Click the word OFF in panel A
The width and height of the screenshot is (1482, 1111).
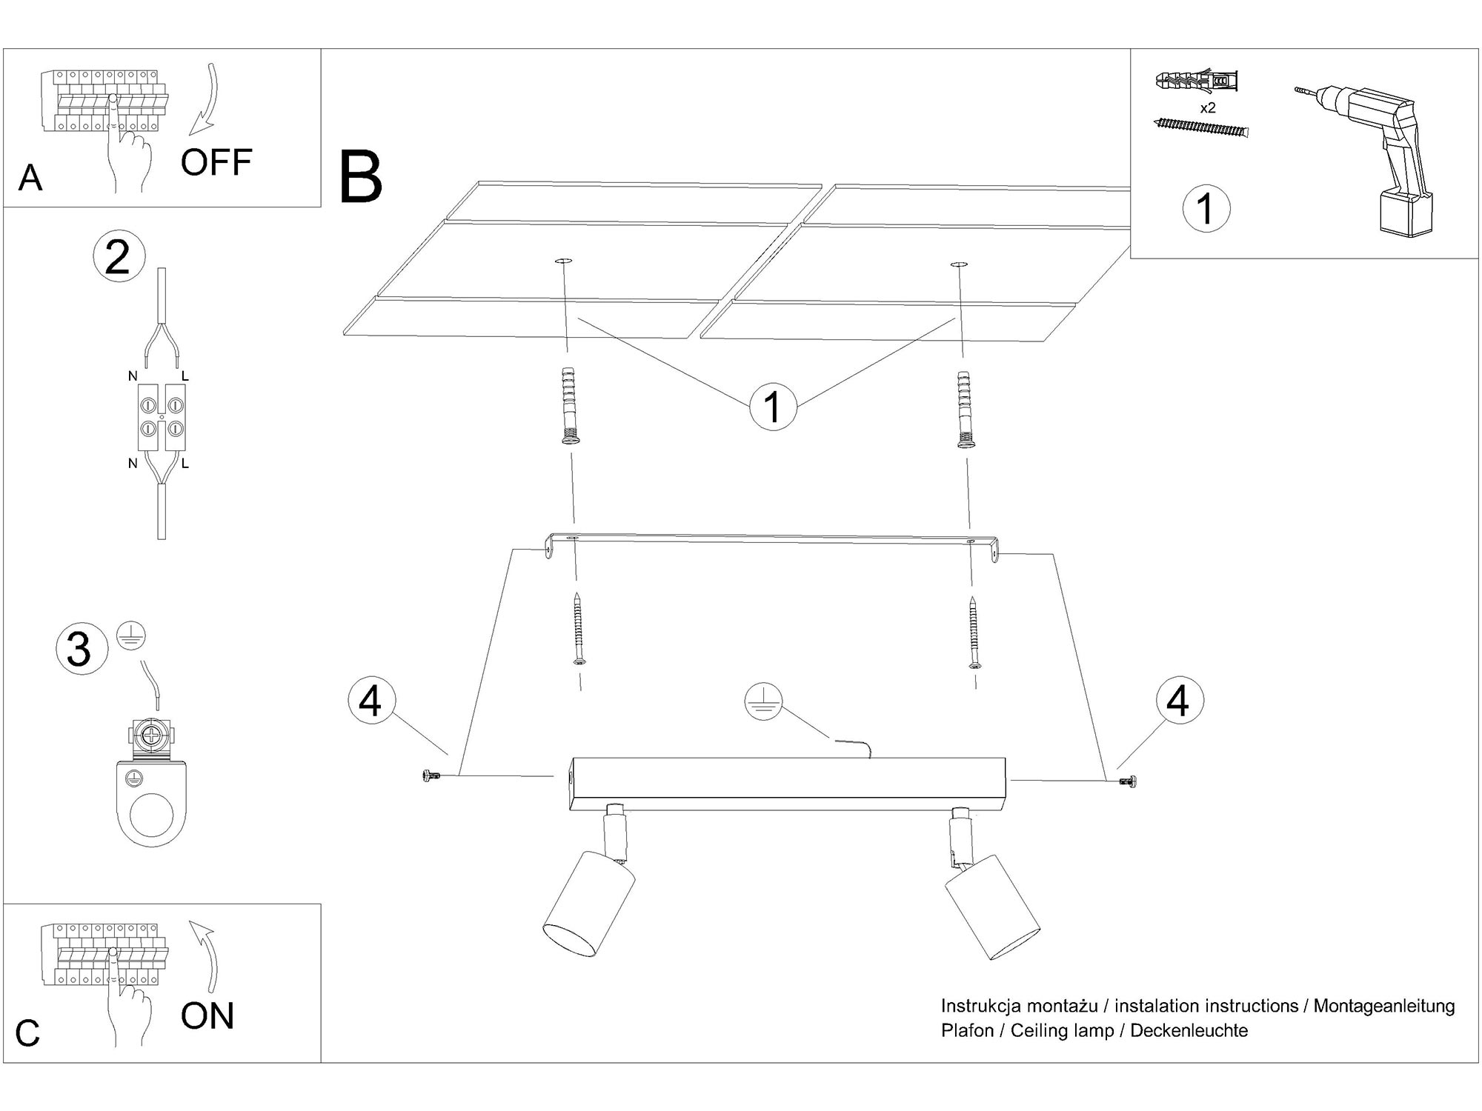coord(216,162)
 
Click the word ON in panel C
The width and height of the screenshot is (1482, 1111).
coord(207,1015)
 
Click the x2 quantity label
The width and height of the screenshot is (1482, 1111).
coord(1208,108)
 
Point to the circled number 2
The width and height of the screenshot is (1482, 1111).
coord(119,257)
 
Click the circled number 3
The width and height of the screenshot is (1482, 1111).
coord(79,649)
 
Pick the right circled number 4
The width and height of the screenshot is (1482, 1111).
coord(1178,700)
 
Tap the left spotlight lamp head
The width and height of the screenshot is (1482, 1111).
coord(589,904)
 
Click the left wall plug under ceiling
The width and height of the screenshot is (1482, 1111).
coord(568,405)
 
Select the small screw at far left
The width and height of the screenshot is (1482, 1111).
coord(429,775)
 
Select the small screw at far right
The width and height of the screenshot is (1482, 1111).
coord(1129,781)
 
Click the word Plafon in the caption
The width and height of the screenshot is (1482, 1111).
coord(967,1030)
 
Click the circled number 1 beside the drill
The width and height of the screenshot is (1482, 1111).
coord(1206,208)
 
